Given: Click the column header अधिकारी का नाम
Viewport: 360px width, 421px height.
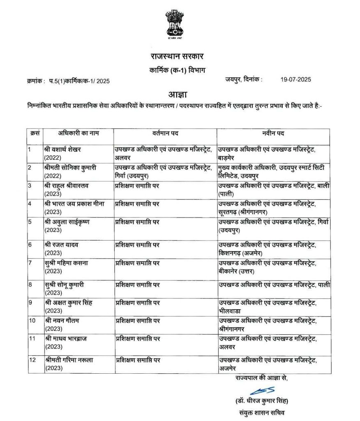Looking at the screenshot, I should coord(72,133).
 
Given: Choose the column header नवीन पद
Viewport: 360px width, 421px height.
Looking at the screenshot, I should coord(273,133).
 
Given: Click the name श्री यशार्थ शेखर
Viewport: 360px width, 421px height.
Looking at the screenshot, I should coord(63,149).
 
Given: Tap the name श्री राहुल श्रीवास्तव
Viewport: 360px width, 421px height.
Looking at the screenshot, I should coord(67,186).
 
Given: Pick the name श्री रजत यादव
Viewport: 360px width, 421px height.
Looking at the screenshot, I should coord(62,245).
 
